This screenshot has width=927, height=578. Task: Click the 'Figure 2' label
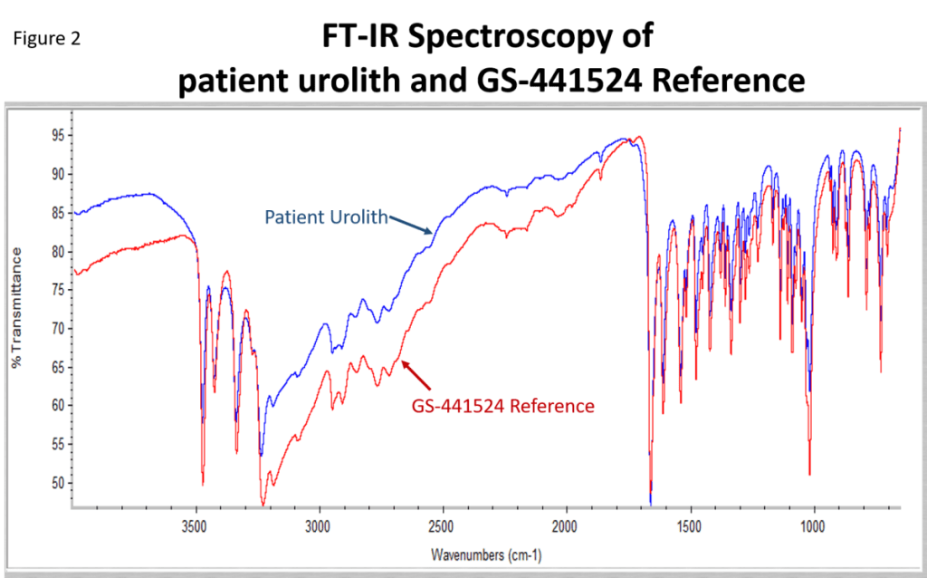point(47,40)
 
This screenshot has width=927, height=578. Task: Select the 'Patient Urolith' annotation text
point(326,217)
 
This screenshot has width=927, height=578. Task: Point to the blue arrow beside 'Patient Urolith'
point(411,225)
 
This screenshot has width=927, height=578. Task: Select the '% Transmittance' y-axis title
point(15,310)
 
